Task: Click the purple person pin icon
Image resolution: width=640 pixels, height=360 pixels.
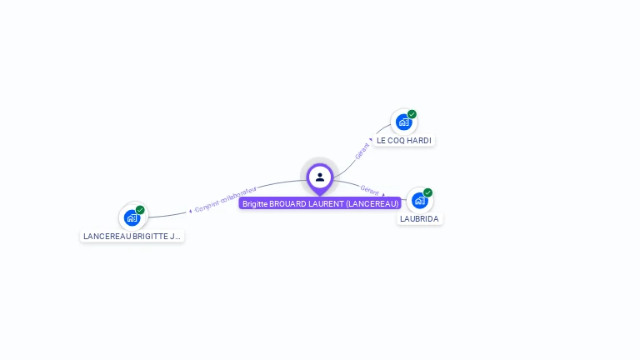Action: point(320,177)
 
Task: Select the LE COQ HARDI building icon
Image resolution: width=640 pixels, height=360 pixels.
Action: point(404,122)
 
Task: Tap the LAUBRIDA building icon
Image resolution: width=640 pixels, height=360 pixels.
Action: point(419,200)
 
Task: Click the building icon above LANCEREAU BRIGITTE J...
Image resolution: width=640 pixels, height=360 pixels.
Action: point(132,217)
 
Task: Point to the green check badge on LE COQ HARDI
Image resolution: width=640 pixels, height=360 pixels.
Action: point(412,114)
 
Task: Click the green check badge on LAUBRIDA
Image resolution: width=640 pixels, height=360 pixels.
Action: point(427,192)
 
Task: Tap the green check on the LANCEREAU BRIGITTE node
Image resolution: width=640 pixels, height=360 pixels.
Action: point(140,210)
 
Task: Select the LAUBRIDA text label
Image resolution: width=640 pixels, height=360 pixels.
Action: point(419,219)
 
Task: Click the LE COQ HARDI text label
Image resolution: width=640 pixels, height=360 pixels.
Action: point(404,141)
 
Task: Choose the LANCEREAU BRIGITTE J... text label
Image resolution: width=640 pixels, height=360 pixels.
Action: point(132,237)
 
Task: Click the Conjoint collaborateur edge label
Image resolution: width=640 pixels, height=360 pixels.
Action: point(226,199)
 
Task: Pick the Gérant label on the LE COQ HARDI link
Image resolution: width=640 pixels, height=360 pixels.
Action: point(362,151)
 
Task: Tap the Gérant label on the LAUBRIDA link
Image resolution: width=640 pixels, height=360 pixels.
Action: point(370,190)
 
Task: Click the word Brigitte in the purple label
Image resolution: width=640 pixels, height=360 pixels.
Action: point(255,203)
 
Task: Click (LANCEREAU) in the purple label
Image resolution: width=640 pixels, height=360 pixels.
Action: point(372,203)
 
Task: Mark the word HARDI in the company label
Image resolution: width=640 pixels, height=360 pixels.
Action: point(420,141)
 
